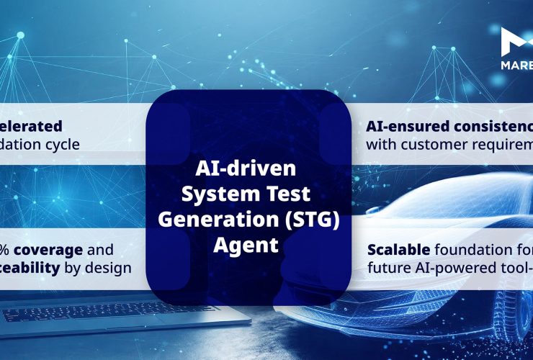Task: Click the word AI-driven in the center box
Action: pos(246,171)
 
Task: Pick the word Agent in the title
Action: pos(246,245)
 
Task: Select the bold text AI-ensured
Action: pos(406,126)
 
